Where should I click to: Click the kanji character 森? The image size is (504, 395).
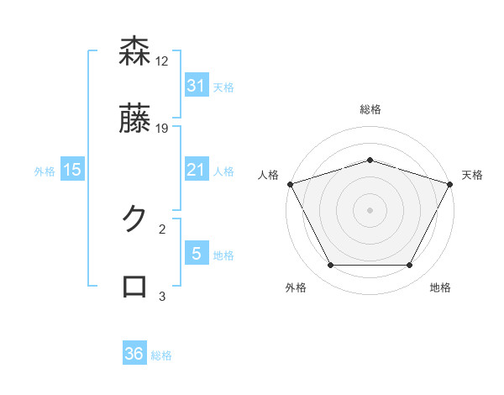(x=134, y=52)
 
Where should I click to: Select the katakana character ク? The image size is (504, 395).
(x=134, y=219)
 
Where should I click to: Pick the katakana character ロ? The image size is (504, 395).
(x=134, y=287)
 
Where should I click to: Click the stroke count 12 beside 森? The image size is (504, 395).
(x=162, y=61)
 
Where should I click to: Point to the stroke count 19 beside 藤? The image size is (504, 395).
(x=162, y=129)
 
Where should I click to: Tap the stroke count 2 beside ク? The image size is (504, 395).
(x=162, y=228)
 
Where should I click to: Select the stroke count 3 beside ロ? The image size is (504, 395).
(x=162, y=296)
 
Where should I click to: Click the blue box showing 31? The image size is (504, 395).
(x=196, y=86)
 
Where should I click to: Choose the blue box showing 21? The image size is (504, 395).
(x=196, y=171)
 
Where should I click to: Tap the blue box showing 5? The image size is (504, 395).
(x=196, y=254)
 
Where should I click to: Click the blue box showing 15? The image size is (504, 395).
(x=72, y=171)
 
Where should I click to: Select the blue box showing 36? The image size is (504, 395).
(x=134, y=354)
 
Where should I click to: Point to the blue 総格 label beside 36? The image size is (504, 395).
(x=161, y=355)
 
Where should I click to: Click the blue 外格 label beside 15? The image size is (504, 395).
(x=45, y=171)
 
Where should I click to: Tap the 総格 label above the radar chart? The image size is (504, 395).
(x=370, y=109)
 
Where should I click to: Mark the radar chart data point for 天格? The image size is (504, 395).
(x=450, y=183)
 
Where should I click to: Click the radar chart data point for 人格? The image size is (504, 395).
(x=290, y=183)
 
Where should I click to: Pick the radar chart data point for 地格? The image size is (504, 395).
(x=409, y=265)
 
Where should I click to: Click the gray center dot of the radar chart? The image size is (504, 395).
(x=370, y=209)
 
